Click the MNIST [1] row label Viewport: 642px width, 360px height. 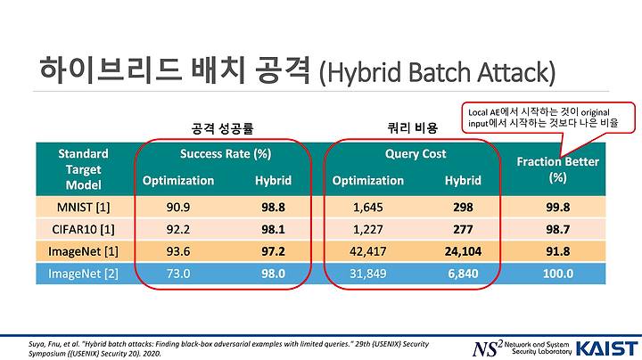click(x=83, y=208)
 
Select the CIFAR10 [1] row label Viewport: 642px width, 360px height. click(x=83, y=230)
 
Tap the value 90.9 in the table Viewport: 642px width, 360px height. click(x=178, y=208)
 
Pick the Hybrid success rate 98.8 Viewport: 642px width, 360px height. click(x=273, y=208)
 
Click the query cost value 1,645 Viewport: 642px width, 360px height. click(x=368, y=208)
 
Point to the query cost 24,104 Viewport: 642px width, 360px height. click(x=463, y=251)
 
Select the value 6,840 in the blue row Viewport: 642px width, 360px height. click(x=463, y=274)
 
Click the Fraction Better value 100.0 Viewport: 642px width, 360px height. click(x=558, y=274)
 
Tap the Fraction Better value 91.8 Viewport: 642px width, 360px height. click(x=558, y=251)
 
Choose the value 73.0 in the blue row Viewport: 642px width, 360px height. click(x=178, y=274)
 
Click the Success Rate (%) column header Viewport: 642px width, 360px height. click(x=226, y=154)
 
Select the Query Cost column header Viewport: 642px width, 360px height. click(x=416, y=154)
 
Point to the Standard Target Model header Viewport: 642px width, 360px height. click(x=83, y=169)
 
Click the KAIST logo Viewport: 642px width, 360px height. click(x=607, y=348)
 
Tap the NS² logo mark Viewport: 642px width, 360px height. click(x=487, y=348)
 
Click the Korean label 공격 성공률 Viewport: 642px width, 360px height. click(x=222, y=128)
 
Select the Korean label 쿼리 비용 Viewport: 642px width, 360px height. click(x=413, y=128)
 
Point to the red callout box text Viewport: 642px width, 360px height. click(x=543, y=118)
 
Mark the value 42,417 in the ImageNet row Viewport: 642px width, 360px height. click(x=368, y=251)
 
